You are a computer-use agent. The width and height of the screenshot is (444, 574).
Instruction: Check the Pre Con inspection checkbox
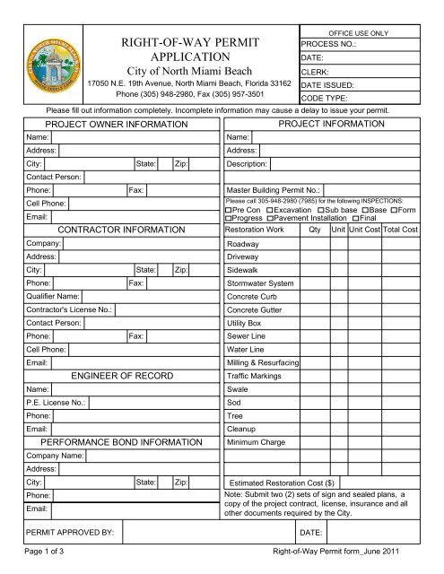pyautogui.click(x=229, y=209)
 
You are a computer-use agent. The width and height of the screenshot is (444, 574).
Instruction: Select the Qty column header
pyautogui.click(x=314, y=230)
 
